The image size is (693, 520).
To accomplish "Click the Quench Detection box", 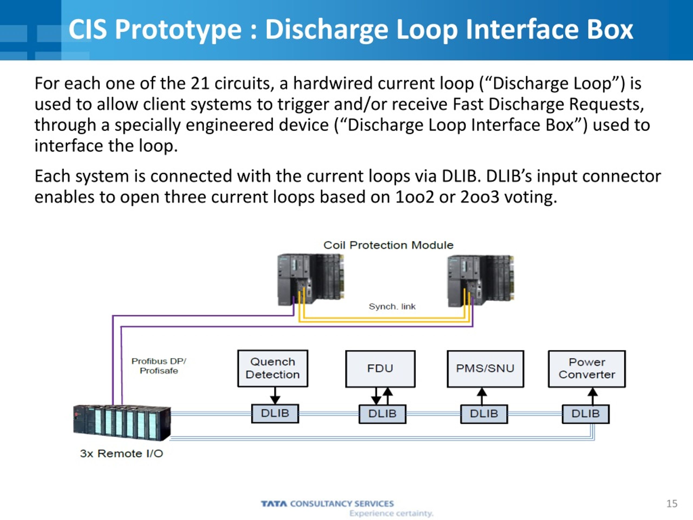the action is (273, 368).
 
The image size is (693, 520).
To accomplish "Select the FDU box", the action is (380, 369).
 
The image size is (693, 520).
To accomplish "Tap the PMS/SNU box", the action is (485, 369).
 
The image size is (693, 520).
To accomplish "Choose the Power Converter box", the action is (587, 369).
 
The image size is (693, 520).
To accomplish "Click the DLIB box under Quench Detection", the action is (275, 414).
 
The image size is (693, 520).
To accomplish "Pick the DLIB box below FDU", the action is (382, 414).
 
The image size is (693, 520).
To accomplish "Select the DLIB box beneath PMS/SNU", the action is (484, 414).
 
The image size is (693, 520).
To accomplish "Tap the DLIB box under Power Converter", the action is (586, 414).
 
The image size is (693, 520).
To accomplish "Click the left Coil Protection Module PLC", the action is (311, 279).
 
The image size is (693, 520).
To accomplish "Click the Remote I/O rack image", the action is (122, 423).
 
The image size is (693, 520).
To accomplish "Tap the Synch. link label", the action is (392, 306).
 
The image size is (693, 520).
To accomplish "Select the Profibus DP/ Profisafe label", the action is (159, 366).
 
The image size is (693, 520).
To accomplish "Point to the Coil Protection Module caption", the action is (388, 245).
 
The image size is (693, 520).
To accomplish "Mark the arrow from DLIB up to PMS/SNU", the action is (482, 396).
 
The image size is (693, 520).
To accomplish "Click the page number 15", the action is (672, 504).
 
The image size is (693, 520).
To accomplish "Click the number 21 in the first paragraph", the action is (200, 84).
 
